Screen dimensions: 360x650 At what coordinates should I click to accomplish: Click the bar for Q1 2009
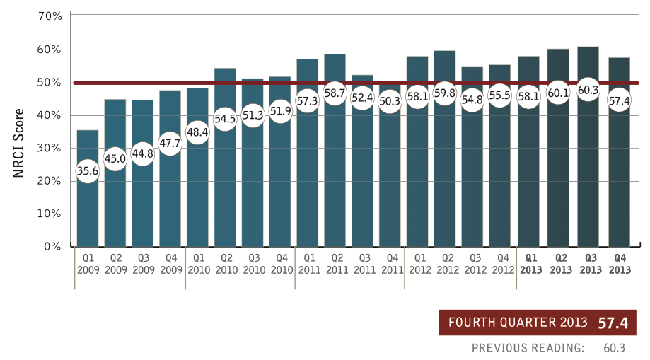pyautogui.click(x=87, y=212)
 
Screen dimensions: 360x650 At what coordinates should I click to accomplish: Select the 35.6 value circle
pyautogui.click(x=87, y=171)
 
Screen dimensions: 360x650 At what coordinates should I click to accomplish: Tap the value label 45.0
pyautogui.click(x=115, y=158)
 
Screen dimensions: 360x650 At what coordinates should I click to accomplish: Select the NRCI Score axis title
pyautogui.click(x=19, y=143)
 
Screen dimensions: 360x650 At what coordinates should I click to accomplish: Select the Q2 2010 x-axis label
pyautogui.click(x=225, y=264)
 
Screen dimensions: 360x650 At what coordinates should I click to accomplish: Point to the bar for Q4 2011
pyautogui.click(x=390, y=184)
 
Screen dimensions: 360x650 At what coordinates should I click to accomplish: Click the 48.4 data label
pyautogui.click(x=198, y=132)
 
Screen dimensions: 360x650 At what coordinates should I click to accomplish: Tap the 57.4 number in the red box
pyautogui.click(x=613, y=323)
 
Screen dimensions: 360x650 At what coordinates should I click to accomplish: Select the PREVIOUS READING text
pyautogui.click(x=528, y=348)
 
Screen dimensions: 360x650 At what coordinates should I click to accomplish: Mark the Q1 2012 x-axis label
pyautogui.click(x=418, y=264)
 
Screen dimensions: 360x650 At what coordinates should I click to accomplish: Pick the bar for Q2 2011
pyautogui.click(x=335, y=177)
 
